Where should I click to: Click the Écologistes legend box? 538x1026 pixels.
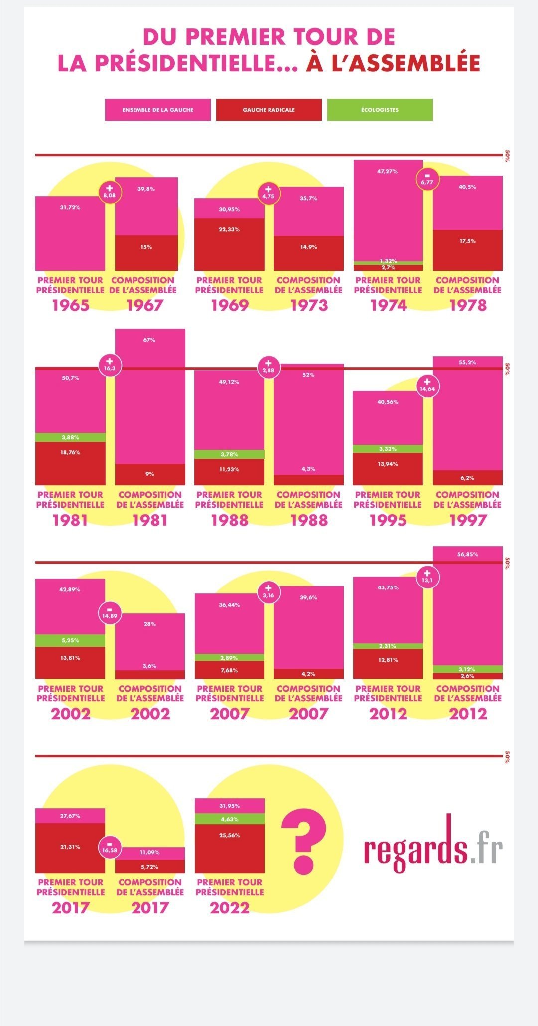380,110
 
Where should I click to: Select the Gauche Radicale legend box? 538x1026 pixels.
269,110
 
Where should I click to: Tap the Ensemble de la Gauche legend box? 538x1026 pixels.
157,110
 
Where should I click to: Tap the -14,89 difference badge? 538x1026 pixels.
110,613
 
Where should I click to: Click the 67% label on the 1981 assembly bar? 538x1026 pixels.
149,340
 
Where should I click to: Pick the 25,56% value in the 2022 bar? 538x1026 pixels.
229,835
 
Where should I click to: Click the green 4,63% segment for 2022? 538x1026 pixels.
229,819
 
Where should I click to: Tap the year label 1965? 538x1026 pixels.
70,305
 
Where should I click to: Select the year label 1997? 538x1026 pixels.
467,520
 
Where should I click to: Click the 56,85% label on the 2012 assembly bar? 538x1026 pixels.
467,554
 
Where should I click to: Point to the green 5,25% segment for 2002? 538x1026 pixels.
70,640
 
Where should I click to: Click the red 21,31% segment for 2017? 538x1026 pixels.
70,847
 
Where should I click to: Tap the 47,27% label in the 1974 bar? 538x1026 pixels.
388,171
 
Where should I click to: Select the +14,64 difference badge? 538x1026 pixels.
427,386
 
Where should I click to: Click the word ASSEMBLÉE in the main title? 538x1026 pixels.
406,63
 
